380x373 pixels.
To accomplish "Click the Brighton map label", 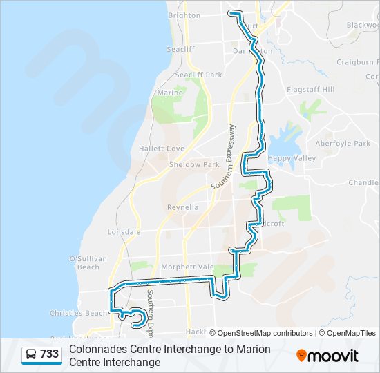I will [184, 15].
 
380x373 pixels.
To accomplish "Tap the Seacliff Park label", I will [198, 75].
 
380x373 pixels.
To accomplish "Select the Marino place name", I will [170, 93].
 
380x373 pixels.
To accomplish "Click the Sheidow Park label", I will [194, 165].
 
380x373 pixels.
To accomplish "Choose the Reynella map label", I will [183, 207].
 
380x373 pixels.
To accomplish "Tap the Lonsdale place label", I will [124, 233].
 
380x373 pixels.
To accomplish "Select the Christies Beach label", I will [78, 313].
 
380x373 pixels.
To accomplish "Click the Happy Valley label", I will [292, 158].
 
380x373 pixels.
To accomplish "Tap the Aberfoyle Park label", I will [343, 144].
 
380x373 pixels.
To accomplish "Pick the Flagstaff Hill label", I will [310, 90].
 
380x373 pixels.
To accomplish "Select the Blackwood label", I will [363, 25].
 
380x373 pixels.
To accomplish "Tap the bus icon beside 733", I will [32, 354].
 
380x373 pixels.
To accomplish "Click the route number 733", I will [49, 354].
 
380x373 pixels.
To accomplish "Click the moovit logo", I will [327, 356].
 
